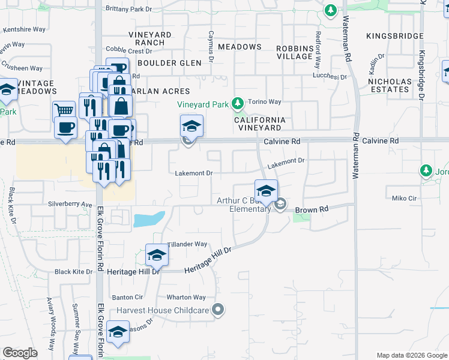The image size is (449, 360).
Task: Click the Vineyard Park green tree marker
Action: (238, 104)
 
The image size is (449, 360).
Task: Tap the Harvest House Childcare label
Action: (162, 310)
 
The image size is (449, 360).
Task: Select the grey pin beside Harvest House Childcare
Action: (218, 310)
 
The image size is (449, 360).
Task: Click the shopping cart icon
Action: (64, 111)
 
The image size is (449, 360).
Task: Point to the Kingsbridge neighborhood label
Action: (394, 36)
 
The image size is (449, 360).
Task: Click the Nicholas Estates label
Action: (389, 85)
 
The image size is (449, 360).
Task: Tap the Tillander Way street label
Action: (187, 244)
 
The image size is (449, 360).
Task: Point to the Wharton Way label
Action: (186, 297)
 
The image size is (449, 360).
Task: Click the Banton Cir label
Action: (127, 297)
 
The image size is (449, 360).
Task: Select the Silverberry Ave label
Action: (70, 204)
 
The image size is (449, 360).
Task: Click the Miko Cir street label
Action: (404, 198)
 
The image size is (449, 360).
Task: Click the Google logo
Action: (20, 353)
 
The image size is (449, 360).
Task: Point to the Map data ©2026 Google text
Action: (412, 355)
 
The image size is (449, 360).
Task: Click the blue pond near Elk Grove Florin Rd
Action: (148, 219)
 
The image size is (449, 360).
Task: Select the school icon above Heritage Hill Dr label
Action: (157, 255)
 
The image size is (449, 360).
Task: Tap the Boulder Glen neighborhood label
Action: (165, 63)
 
